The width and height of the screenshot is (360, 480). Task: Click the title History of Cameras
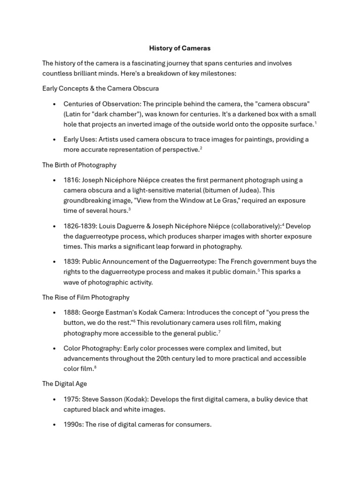pyautogui.click(x=180, y=48)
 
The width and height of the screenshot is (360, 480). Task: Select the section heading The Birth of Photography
pyautogui.click(x=79, y=165)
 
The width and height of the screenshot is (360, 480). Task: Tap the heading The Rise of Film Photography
pyautogui.click(x=86, y=297)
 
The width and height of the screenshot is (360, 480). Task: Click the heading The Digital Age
pyautogui.click(x=64, y=383)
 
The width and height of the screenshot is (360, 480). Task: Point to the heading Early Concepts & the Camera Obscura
pyautogui.click(x=100, y=88)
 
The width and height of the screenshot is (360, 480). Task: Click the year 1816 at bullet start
pyautogui.click(x=71, y=180)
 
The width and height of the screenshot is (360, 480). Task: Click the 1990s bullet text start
pyautogui.click(x=73, y=425)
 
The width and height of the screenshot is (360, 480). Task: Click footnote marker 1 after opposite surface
pyautogui.click(x=315, y=123)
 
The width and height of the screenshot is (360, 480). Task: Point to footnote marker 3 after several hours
pyautogui.click(x=129, y=210)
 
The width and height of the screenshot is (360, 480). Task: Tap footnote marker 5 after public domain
pyautogui.click(x=258, y=270)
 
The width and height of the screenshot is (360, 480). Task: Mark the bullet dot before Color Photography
pyautogui.click(x=55, y=349)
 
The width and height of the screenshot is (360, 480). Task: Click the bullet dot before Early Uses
pyautogui.click(x=55, y=140)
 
